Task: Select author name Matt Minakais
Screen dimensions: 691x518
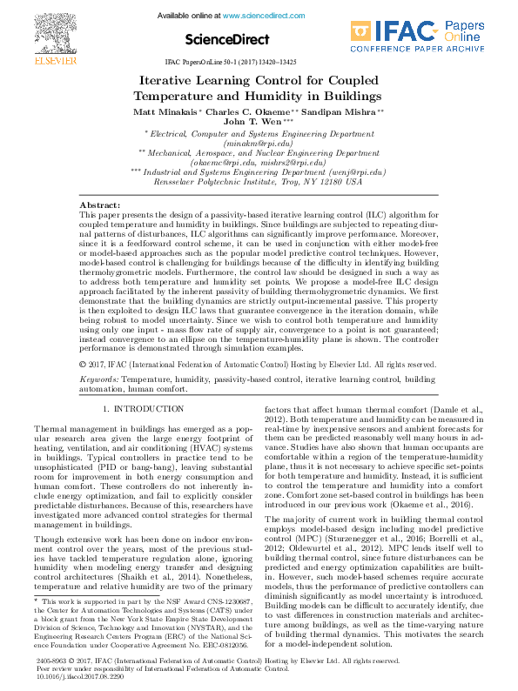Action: click(165, 112)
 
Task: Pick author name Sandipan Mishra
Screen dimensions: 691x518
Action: click(346, 112)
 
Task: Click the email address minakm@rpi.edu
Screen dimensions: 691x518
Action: click(259, 143)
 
